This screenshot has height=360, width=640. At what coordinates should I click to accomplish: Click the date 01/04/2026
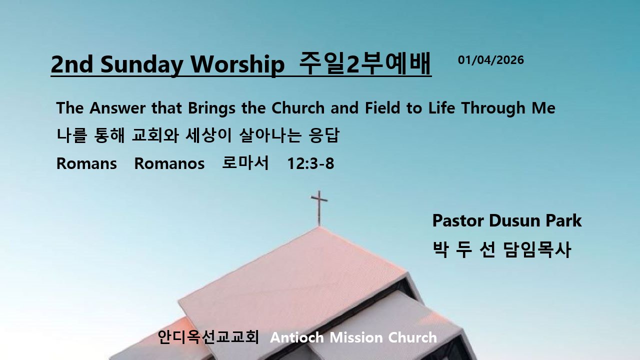click(491, 60)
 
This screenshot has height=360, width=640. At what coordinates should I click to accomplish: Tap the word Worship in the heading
click(237, 64)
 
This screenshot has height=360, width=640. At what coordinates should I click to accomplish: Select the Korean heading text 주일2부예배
click(365, 63)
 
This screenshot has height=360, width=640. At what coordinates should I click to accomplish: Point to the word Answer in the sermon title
click(117, 107)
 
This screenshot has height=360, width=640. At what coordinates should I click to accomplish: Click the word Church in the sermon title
click(298, 107)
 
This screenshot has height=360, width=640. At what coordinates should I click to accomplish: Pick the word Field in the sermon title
click(383, 107)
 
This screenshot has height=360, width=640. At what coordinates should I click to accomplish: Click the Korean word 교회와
click(155, 135)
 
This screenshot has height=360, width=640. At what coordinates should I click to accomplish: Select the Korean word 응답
click(324, 135)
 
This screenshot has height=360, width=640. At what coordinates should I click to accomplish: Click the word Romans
click(86, 163)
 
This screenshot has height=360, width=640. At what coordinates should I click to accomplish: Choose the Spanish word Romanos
click(169, 163)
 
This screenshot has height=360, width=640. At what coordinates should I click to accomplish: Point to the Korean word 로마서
click(245, 162)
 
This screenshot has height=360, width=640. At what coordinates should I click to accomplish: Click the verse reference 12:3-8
click(310, 163)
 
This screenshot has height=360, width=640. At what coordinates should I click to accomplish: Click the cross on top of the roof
click(319, 208)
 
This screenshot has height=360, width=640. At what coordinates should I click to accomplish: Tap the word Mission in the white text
click(356, 337)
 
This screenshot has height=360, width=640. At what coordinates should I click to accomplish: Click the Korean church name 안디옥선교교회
click(208, 337)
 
